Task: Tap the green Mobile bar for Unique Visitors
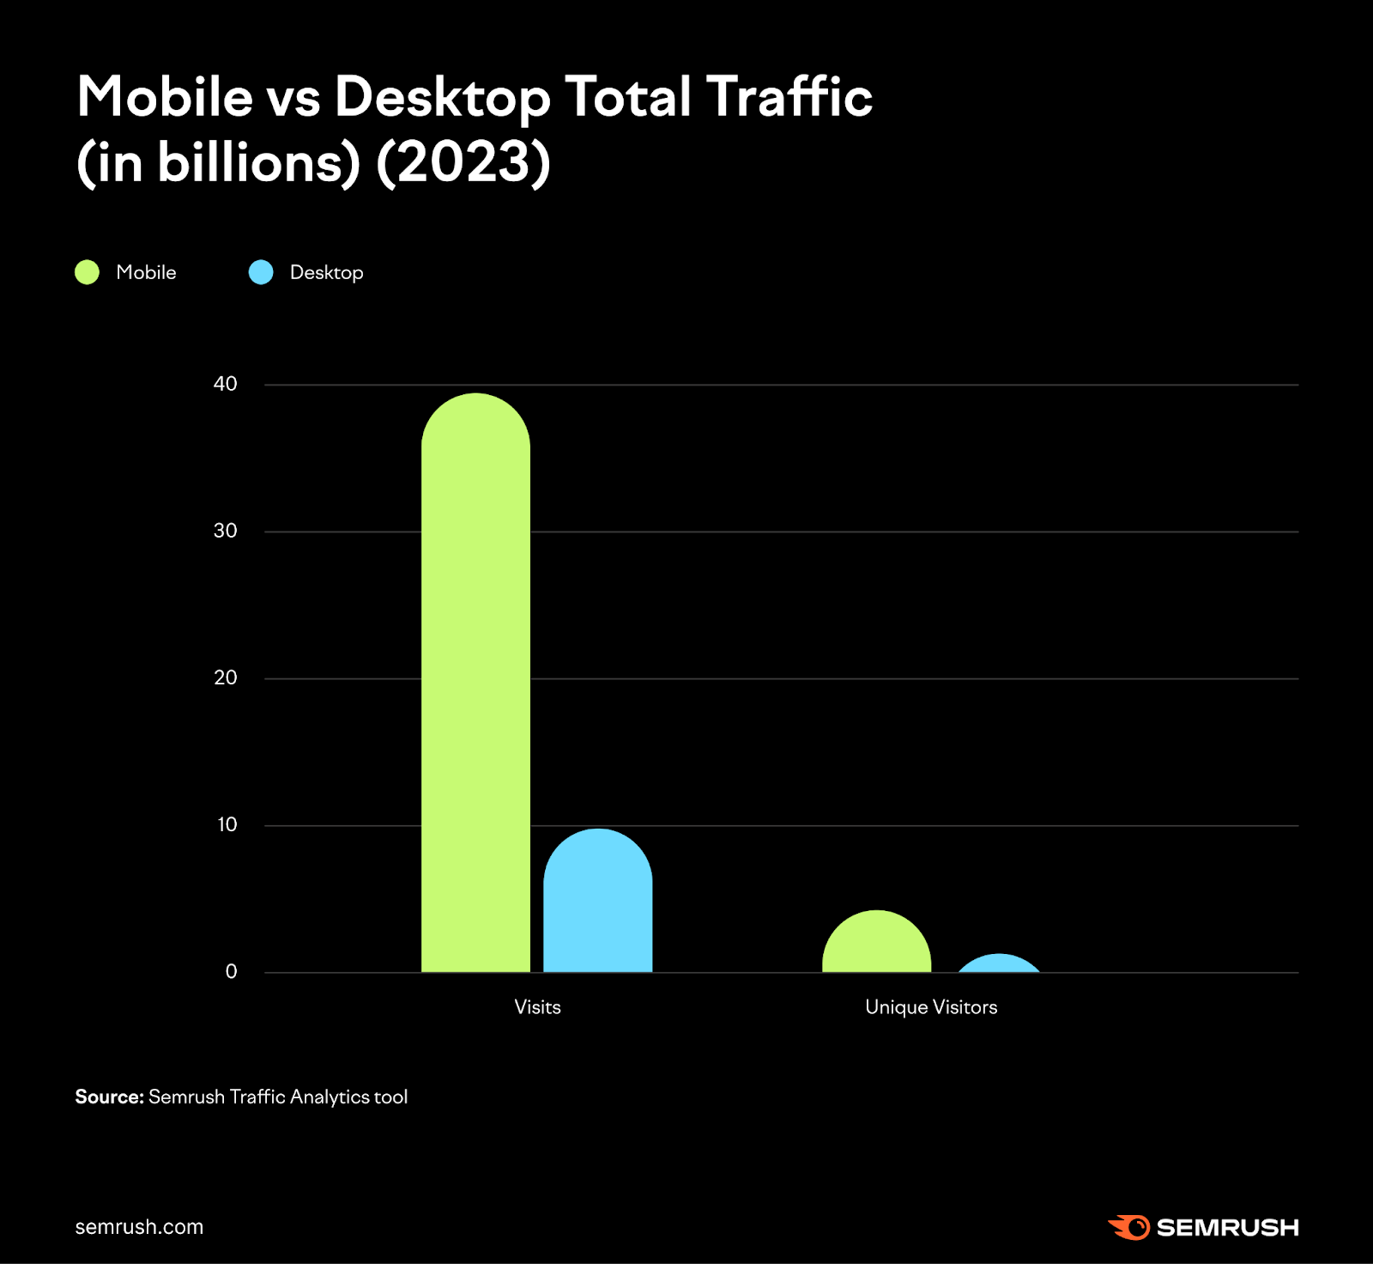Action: [x=876, y=945]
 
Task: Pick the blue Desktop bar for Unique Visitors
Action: [x=999, y=964]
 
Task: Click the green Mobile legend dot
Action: [x=88, y=272]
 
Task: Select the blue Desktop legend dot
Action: [x=261, y=272]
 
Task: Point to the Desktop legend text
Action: [x=326, y=272]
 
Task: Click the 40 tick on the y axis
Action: [x=225, y=384]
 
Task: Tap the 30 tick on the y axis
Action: [x=225, y=531]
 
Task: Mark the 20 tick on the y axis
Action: [x=225, y=678]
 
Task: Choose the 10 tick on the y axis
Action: [x=227, y=824]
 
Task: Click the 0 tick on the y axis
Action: [x=231, y=971]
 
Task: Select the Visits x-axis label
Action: [x=537, y=1007]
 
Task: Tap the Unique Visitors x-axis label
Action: [x=931, y=1007]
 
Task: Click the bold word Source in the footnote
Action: [x=109, y=1097]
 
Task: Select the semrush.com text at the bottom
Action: [x=139, y=1227]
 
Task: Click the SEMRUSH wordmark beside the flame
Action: [x=1227, y=1228]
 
